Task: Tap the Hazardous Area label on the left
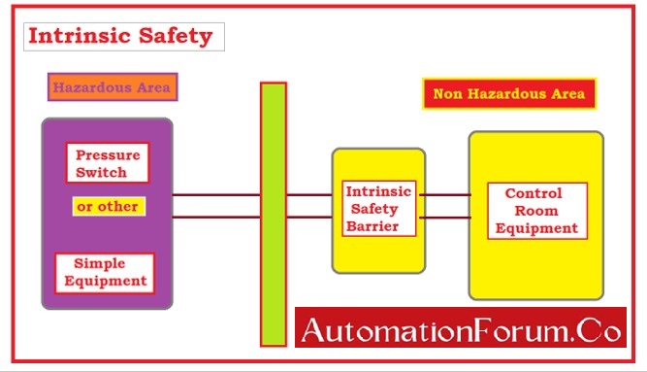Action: click(x=111, y=87)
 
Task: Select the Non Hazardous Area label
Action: click(x=508, y=94)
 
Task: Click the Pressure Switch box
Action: click(x=109, y=162)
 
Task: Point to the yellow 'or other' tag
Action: click(x=109, y=207)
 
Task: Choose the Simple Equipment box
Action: click(x=103, y=273)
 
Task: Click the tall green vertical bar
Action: click(x=274, y=214)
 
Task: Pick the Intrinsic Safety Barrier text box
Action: click(x=379, y=209)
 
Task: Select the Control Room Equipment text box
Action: click(x=537, y=212)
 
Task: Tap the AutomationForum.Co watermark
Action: click(x=461, y=330)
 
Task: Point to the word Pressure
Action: click(x=109, y=154)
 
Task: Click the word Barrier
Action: click(x=379, y=227)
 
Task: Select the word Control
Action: click(x=534, y=193)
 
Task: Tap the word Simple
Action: click(x=102, y=264)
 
